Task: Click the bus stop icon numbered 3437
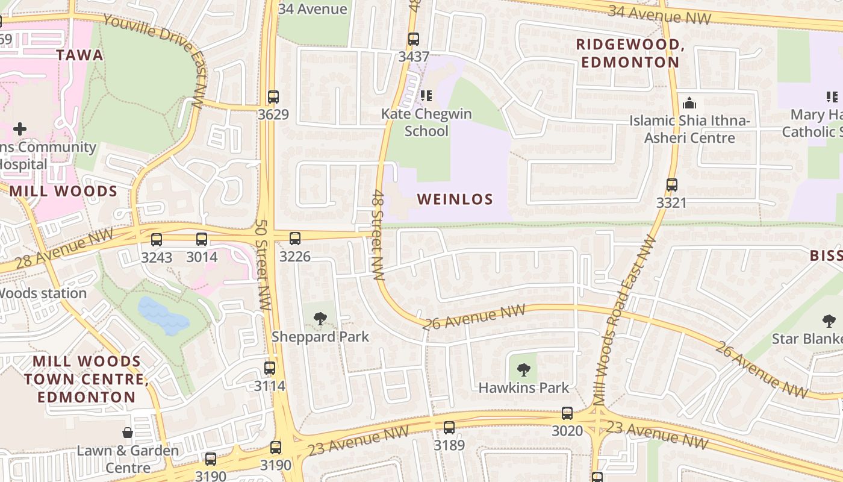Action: coord(414,40)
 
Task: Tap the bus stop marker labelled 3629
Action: coord(273,97)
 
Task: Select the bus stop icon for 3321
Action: coord(672,185)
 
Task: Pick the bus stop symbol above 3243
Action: coord(157,240)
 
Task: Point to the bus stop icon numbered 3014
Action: coord(202,239)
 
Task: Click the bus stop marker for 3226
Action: coord(295,239)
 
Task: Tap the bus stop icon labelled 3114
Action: coord(270,368)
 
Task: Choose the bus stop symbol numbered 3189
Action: coord(449,428)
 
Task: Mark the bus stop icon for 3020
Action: coord(567,413)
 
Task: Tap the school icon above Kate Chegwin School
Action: coord(426,96)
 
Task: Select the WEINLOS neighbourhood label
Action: coord(455,199)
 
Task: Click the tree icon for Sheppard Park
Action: coord(320,319)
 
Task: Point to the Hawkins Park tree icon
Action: coord(524,370)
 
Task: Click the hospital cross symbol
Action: coord(20,128)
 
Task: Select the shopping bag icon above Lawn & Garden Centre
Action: coord(128,433)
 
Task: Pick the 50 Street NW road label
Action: coord(262,265)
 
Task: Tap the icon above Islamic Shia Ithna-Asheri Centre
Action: coord(689,103)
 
